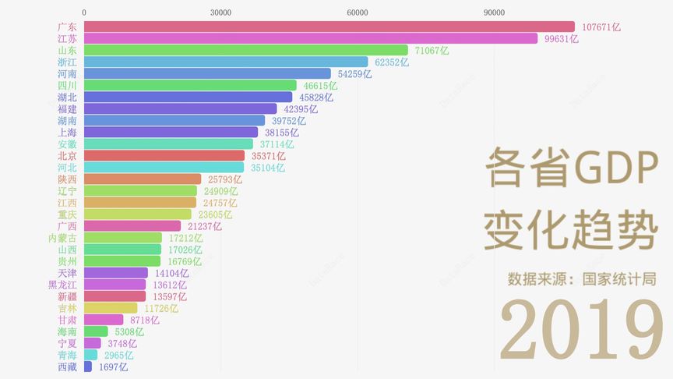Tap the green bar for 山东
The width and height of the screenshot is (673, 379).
point(245,50)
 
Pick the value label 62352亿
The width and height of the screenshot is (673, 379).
point(391,62)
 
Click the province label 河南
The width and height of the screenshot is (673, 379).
point(67,74)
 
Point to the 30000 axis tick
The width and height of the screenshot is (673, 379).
point(220,12)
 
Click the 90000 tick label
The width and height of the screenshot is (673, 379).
point(494,12)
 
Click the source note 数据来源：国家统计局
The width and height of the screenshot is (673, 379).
point(581,278)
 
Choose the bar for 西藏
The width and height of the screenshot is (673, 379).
point(87,367)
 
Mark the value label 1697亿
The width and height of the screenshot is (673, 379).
point(113,367)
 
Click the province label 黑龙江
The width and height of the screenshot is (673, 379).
point(62,285)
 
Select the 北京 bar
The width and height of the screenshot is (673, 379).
point(164,156)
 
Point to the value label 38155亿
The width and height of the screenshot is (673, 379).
point(281,133)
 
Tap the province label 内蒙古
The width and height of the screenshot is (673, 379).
point(62,238)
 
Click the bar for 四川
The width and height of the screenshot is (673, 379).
point(190,86)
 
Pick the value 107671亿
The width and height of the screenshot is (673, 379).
point(601,27)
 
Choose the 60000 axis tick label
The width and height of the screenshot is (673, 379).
point(358,12)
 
